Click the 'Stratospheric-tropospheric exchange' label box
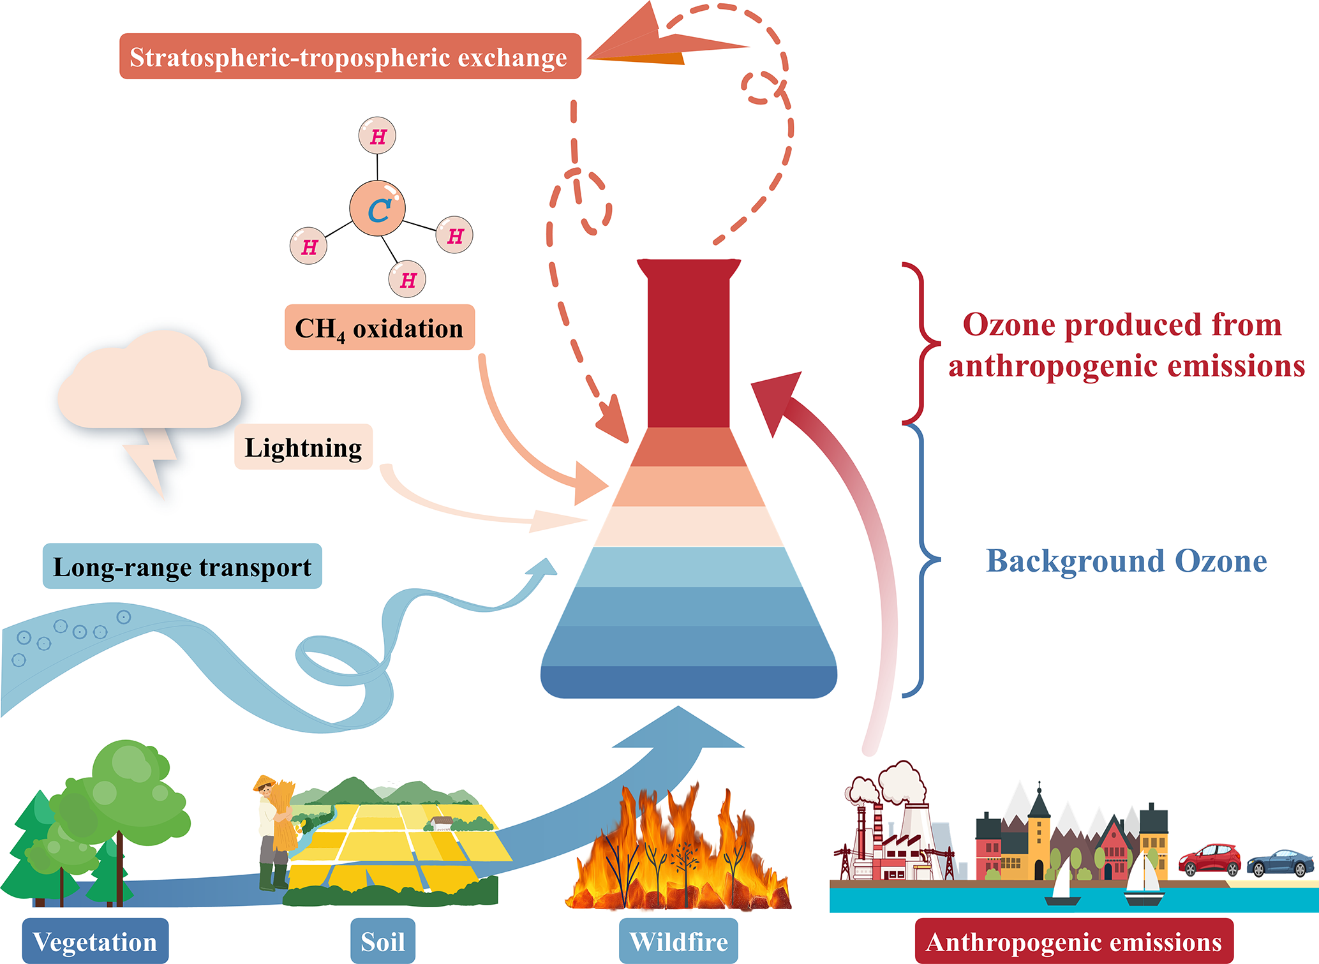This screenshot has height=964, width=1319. pos(350,57)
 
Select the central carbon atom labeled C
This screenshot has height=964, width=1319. pos(378,209)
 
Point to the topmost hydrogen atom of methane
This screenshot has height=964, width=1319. pos(378,136)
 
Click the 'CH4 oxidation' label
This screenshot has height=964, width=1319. pos(380,328)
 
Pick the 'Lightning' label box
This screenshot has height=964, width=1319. pos(303,447)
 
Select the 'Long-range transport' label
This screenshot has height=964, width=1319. pos(182,567)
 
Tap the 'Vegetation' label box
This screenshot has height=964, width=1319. pos(95,941)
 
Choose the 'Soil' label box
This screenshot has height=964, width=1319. pos(383,941)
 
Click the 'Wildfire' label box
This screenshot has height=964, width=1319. pos(678,941)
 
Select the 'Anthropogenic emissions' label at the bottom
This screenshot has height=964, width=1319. pos(1073,941)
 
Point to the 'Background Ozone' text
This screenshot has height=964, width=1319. pos(1126,561)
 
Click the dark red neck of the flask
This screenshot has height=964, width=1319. pos(689,345)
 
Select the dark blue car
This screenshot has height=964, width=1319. pos(1280,863)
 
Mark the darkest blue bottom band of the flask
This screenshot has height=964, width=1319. pos(689,682)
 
